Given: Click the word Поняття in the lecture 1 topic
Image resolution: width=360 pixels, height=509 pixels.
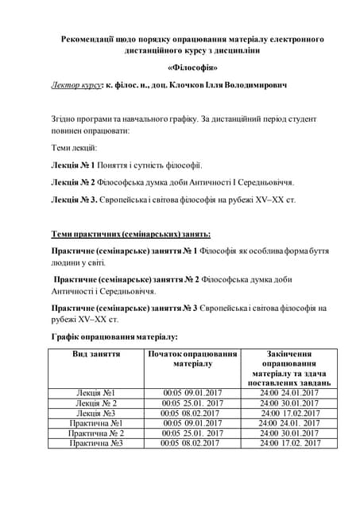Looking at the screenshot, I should click(x=114, y=165).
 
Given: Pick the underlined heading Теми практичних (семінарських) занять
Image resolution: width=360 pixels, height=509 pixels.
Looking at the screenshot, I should click(x=130, y=234).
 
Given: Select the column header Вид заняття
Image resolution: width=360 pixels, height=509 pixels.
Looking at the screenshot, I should click(x=96, y=353).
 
